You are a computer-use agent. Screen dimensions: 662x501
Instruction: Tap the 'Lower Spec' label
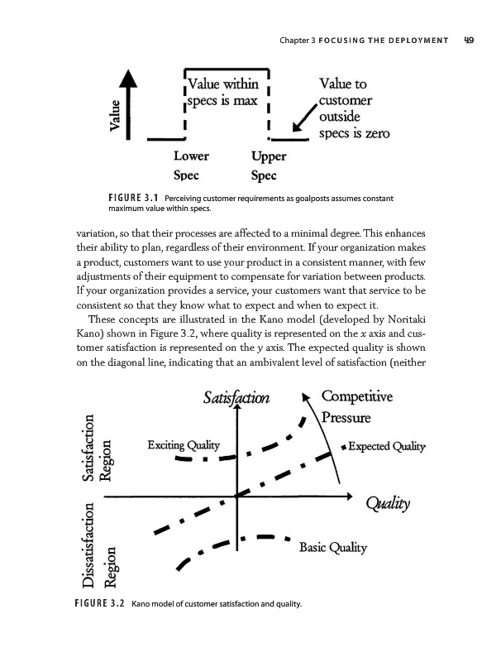[191, 165]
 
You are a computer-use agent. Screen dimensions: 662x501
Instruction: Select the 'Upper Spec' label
[268, 165]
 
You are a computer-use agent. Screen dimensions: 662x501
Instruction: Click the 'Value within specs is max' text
[224, 94]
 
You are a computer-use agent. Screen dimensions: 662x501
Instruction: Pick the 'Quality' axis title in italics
[393, 505]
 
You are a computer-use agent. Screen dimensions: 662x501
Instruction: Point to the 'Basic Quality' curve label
[333, 547]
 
